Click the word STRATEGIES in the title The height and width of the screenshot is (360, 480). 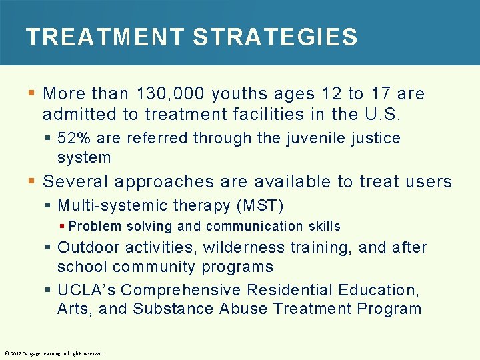coord(275,37)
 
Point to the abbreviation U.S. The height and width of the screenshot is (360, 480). coord(382,114)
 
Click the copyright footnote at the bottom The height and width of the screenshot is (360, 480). coord(54,353)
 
